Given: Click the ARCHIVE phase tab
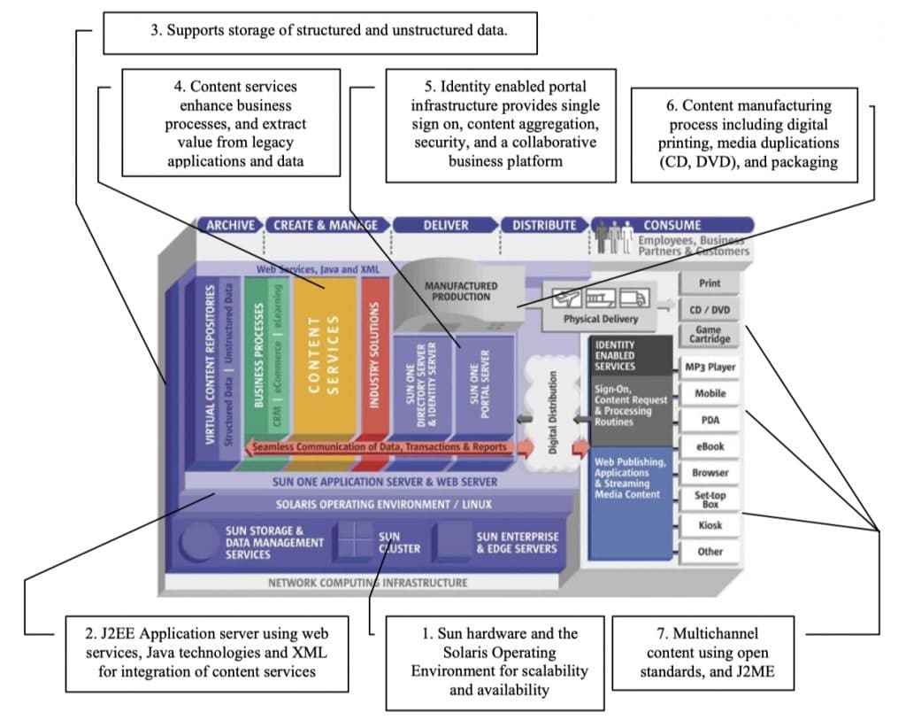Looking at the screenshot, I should pyautogui.click(x=230, y=225).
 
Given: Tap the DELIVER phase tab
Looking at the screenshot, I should pyautogui.click(x=445, y=225).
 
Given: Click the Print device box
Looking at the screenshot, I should pyautogui.click(x=710, y=283).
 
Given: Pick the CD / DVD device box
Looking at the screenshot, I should pyautogui.click(x=710, y=311).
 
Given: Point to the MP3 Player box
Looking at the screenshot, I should pyautogui.click(x=710, y=367).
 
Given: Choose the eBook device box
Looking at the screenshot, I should pyautogui.click(x=710, y=446).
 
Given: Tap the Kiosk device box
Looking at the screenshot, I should pyautogui.click(x=710, y=525).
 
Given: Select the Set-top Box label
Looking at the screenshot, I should pyautogui.click(x=710, y=499).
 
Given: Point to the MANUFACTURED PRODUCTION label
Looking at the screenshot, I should pyautogui.click(x=461, y=291).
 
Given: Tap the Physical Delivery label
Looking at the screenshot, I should pyautogui.click(x=600, y=319).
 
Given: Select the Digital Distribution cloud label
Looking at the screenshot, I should pyautogui.click(x=553, y=399).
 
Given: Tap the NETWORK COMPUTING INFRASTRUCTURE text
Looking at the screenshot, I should pyautogui.click(x=367, y=583).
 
